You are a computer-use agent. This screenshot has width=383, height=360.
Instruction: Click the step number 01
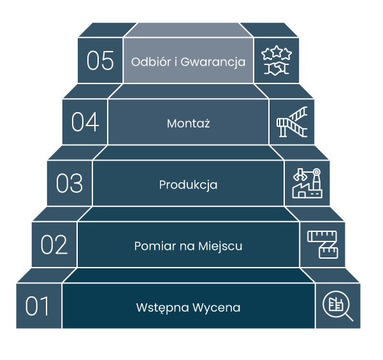[x=38, y=306]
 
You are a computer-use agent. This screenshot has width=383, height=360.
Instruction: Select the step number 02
[x=54, y=245]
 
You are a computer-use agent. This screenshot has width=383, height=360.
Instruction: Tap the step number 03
[x=69, y=184]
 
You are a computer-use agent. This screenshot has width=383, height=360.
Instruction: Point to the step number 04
[x=85, y=122]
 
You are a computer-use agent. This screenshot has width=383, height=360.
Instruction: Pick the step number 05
[x=100, y=61]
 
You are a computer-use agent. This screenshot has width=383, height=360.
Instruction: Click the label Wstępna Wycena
[x=188, y=308]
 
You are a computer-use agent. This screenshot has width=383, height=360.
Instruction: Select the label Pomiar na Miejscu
[x=188, y=246]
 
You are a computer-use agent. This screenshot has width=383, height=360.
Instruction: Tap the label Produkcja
[x=188, y=185]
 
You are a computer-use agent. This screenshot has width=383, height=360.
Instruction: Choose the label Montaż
[x=188, y=123]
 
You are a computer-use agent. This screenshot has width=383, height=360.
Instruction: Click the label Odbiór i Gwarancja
[x=188, y=62]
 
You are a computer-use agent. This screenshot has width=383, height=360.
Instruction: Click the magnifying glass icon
[x=338, y=306]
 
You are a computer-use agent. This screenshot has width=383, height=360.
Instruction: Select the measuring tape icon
[x=322, y=245]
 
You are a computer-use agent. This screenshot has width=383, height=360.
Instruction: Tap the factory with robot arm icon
[x=307, y=184]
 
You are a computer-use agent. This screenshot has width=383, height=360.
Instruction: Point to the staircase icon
[x=292, y=122]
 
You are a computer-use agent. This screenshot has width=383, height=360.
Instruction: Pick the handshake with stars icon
[x=277, y=61]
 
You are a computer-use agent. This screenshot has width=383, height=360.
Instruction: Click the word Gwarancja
[x=213, y=62]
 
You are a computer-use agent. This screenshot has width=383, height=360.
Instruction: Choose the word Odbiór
[x=150, y=62]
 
